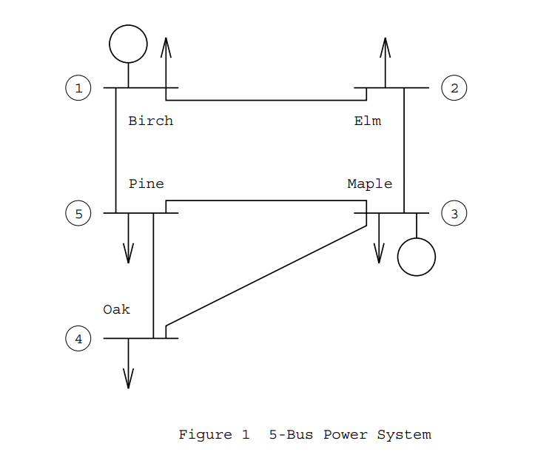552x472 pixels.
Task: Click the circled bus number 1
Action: (78, 88)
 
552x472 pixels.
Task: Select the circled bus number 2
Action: (454, 88)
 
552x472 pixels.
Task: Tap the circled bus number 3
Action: (454, 214)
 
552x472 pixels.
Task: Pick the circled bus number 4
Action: (78, 340)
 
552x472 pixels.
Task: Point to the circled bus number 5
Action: (78, 214)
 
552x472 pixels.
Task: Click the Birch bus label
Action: (151, 121)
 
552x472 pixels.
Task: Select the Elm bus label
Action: (368, 121)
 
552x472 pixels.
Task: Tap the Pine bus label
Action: (147, 183)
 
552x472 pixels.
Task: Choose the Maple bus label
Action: (370, 183)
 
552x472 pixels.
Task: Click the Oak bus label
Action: (117, 309)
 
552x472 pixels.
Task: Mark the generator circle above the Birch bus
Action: (128, 44)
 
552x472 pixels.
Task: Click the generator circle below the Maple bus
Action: (417, 257)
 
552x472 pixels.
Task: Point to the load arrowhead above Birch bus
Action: (166, 46)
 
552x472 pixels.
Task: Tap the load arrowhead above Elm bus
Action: (385, 46)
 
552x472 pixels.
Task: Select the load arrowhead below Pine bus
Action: (128, 254)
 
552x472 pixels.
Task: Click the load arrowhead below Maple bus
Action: (379, 254)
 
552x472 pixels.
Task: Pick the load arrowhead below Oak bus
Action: (128, 380)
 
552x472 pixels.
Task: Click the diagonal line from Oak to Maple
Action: (266, 275)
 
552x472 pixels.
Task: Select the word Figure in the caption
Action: (204, 435)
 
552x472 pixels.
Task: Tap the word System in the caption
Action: (404, 435)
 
